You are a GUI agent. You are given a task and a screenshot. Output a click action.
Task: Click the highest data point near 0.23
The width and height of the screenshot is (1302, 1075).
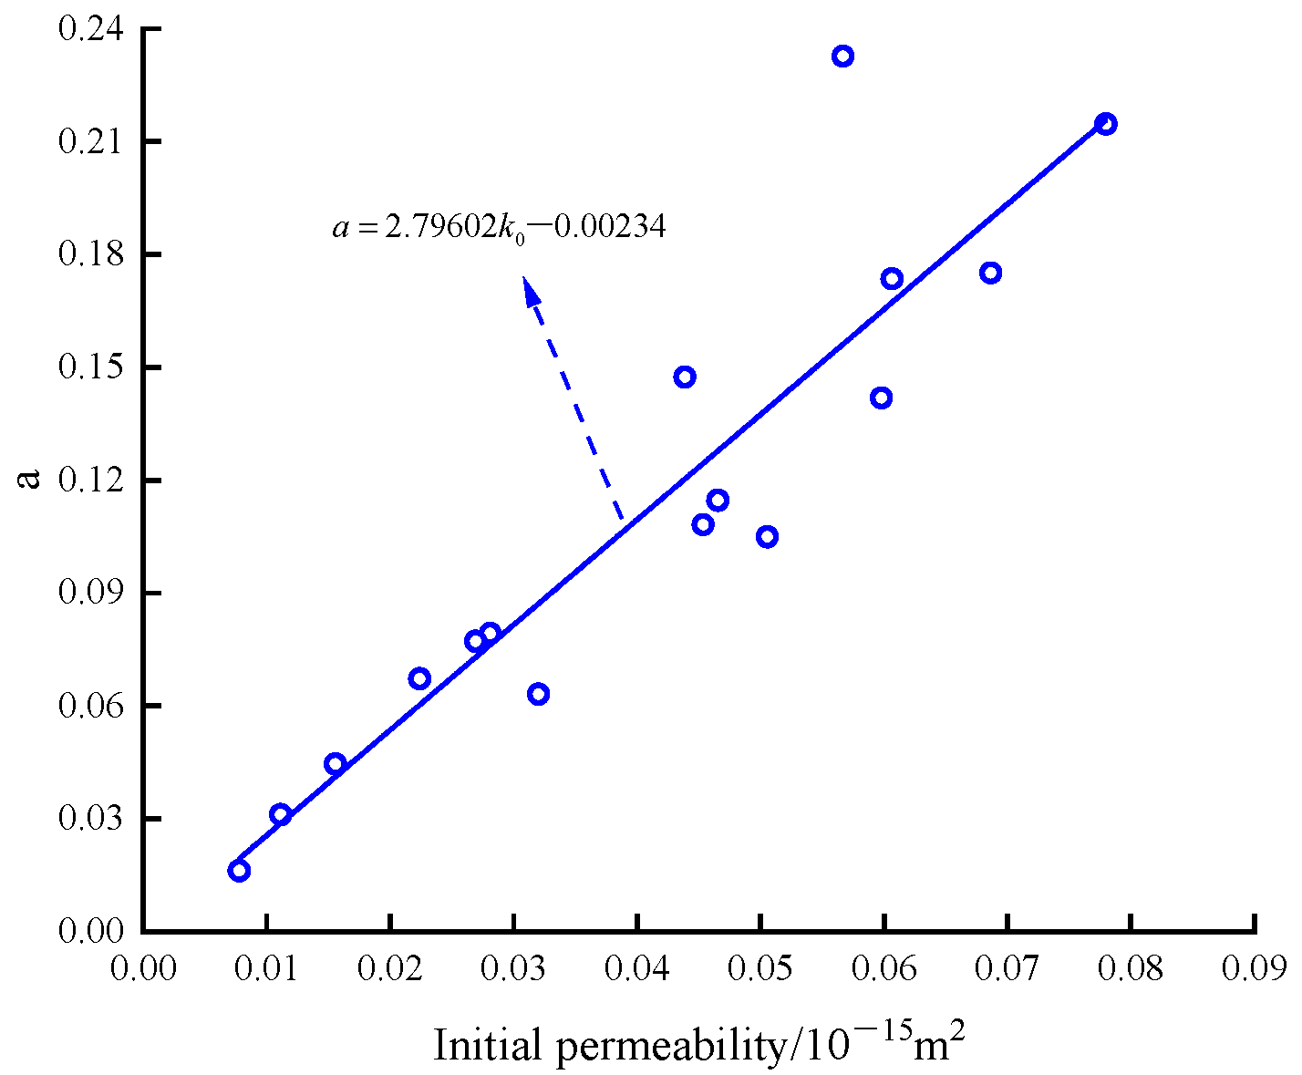842,57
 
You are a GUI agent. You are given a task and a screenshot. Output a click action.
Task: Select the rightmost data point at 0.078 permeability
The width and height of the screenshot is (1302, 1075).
1106,124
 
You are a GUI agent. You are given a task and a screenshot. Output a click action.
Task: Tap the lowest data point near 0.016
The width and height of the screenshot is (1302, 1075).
239,871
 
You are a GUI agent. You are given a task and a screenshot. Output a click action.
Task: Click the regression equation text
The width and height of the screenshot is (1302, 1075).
499,226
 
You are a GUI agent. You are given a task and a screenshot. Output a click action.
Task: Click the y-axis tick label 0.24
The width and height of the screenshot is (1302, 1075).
90,29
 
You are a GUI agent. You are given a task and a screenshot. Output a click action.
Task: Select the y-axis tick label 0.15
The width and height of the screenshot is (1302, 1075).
90,367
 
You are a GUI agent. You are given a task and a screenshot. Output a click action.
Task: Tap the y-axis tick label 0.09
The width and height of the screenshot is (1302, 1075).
90,593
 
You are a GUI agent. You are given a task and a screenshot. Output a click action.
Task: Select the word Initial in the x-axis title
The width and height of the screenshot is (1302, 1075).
489,1045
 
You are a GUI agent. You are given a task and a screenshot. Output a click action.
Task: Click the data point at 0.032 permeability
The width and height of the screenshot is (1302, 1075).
538,694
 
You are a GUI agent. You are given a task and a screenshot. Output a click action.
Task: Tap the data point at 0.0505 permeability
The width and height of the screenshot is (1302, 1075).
767,536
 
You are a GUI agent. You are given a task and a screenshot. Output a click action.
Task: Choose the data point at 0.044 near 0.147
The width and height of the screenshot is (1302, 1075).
685,377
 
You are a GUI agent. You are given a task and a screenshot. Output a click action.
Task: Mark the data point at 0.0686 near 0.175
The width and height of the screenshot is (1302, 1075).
991,273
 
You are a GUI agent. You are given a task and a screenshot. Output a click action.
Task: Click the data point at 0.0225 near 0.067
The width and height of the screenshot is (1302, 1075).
419,678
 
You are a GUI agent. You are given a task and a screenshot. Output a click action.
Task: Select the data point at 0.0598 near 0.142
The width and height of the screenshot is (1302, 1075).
881,398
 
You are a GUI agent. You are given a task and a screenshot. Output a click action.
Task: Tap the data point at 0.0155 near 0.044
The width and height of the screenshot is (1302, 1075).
335,764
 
